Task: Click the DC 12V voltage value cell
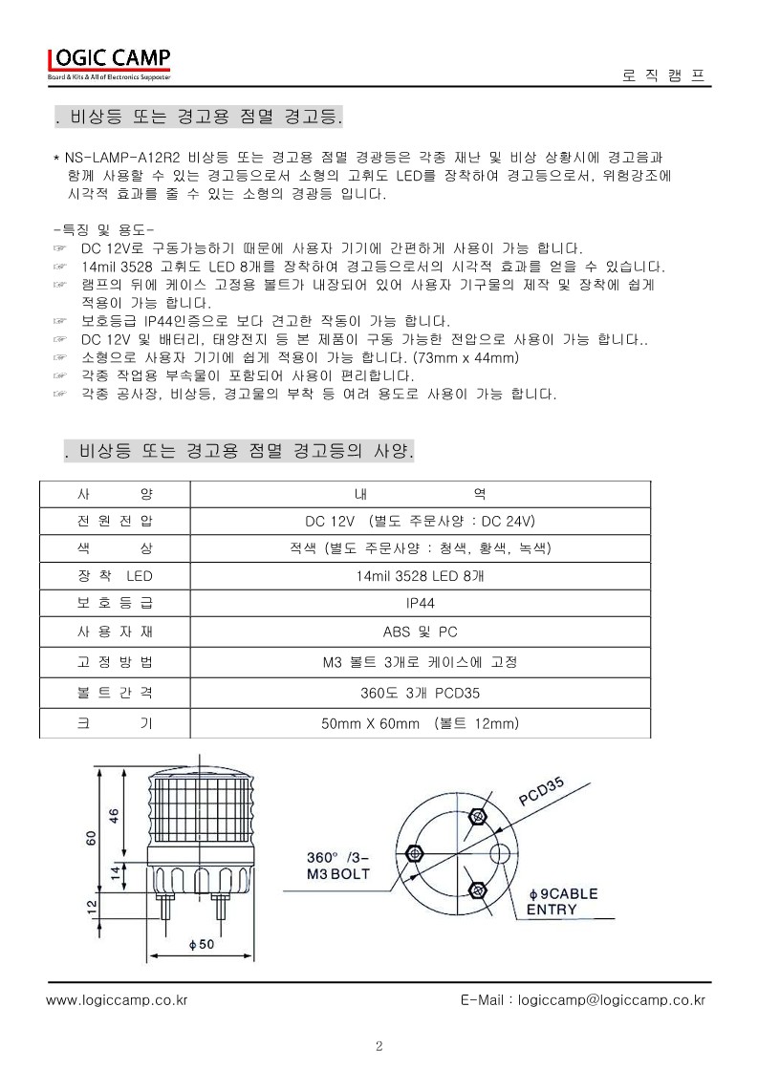click(421, 521)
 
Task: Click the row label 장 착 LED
click(113, 576)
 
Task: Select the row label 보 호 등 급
click(113, 603)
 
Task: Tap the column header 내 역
click(421, 494)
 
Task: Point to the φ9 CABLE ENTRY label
click(563, 901)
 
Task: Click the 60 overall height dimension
click(91, 837)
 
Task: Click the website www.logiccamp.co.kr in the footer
click(117, 1000)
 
